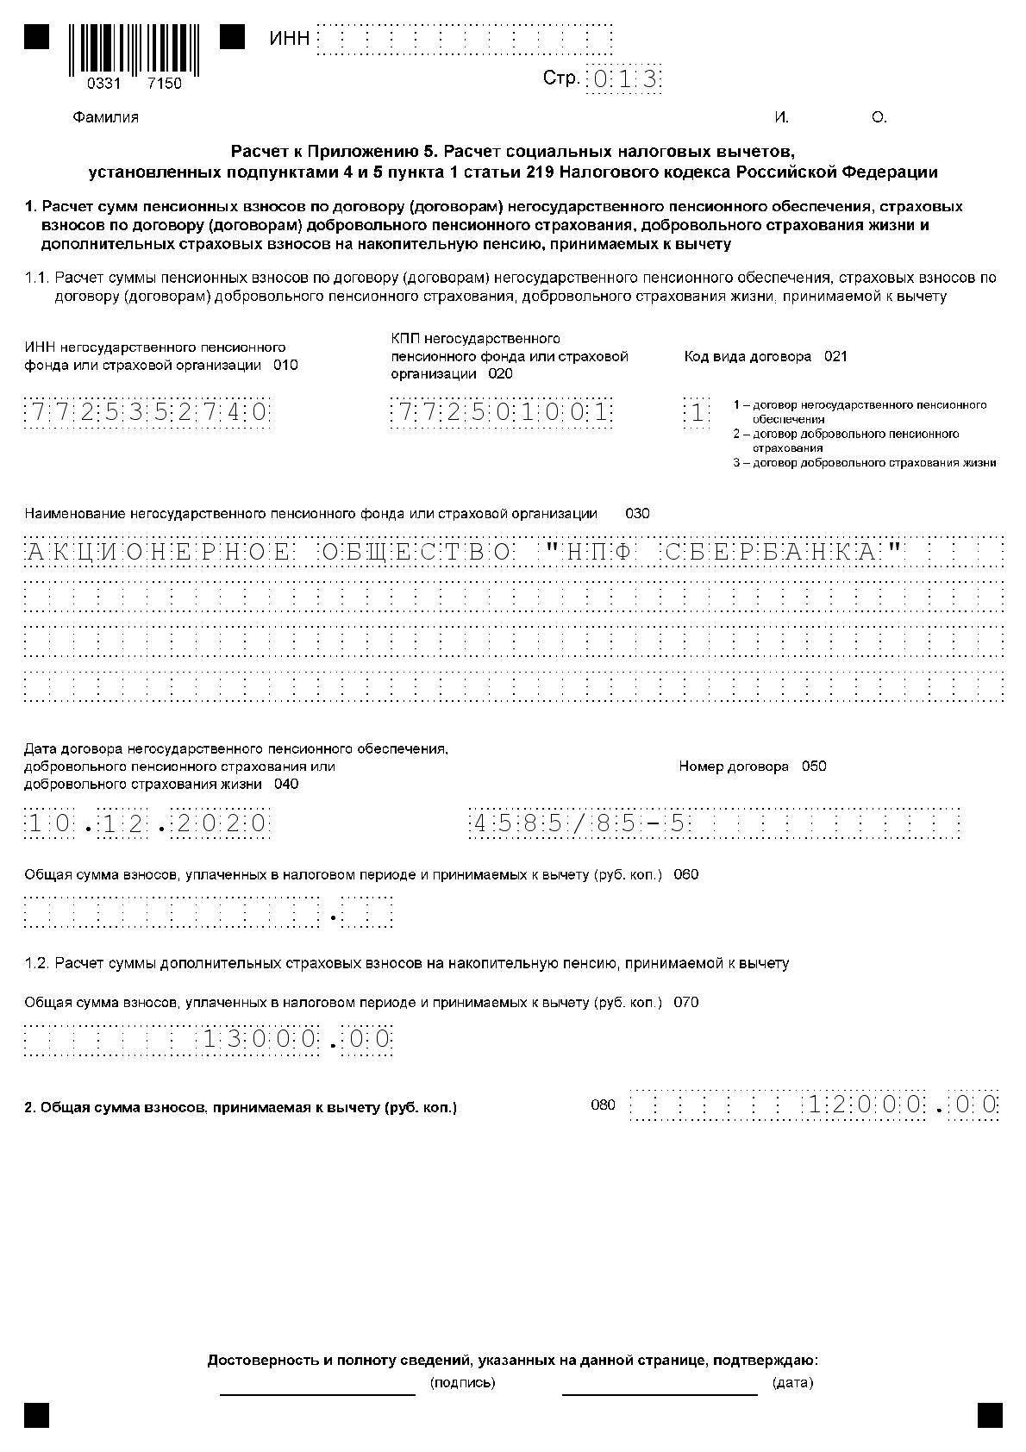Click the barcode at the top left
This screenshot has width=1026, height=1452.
click(134, 50)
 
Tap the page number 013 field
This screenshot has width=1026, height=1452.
click(623, 79)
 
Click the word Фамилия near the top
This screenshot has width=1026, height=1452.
click(105, 117)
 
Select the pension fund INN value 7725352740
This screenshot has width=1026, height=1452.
click(147, 413)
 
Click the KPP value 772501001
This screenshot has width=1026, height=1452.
click(501, 413)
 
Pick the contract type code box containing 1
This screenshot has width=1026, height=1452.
click(696, 413)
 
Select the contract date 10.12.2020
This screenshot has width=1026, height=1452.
click(147, 823)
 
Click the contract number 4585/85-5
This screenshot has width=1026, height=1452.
click(580, 823)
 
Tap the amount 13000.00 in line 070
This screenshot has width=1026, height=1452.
click(297, 1039)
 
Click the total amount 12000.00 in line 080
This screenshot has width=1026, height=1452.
click(902, 1105)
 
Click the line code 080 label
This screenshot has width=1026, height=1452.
click(603, 1105)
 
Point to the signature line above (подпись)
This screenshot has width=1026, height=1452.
click(317, 1393)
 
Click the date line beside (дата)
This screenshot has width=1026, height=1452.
click(660, 1393)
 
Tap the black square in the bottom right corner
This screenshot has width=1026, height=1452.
click(990, 1415)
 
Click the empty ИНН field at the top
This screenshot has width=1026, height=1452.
click(465, 40)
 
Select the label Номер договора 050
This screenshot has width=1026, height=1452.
click(752, 766)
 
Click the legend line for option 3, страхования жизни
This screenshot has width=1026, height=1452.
click(865, 463)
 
